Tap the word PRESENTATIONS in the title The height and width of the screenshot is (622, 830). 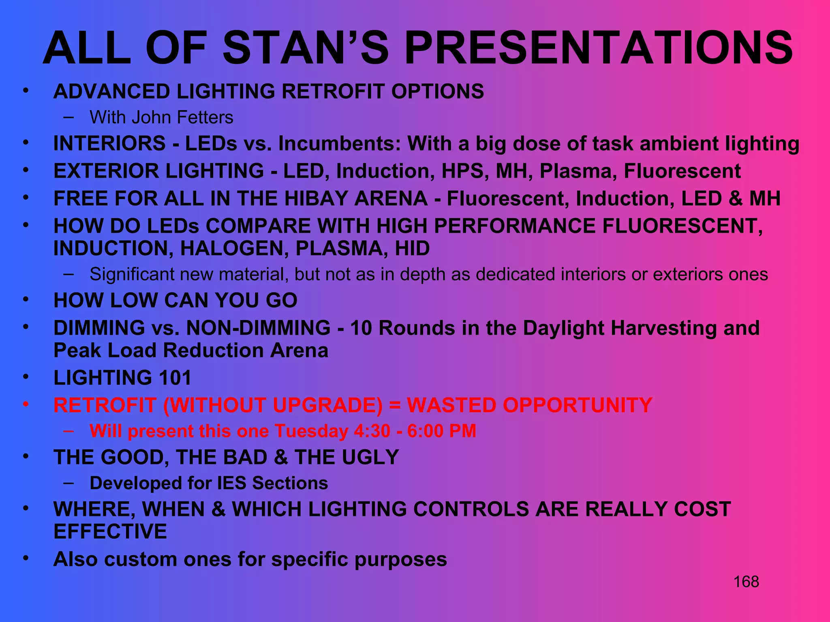point(599,49)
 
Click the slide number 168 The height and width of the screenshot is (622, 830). point(746,582)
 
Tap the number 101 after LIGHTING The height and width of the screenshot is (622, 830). point(175,378)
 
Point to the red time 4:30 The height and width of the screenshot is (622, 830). point(372,431)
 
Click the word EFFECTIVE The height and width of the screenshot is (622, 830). point(110,531)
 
